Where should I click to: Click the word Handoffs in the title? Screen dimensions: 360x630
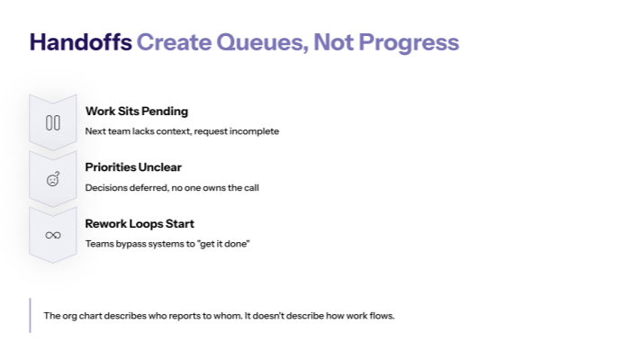tap(80, 42)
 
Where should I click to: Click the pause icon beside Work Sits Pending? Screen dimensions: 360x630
tap(53, 122)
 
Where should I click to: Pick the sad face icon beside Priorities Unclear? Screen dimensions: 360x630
tap(53, 178)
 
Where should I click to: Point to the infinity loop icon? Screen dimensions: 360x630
tap(53, 235)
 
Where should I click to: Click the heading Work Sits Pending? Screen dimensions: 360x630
tap(137, 112)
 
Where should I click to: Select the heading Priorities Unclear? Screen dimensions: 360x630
tap(133, 167)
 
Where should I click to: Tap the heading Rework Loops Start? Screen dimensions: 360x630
tap(139, 223)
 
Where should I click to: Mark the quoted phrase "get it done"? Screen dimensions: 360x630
tap(222, 244)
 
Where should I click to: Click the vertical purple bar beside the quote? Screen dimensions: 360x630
tap(30, 316)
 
